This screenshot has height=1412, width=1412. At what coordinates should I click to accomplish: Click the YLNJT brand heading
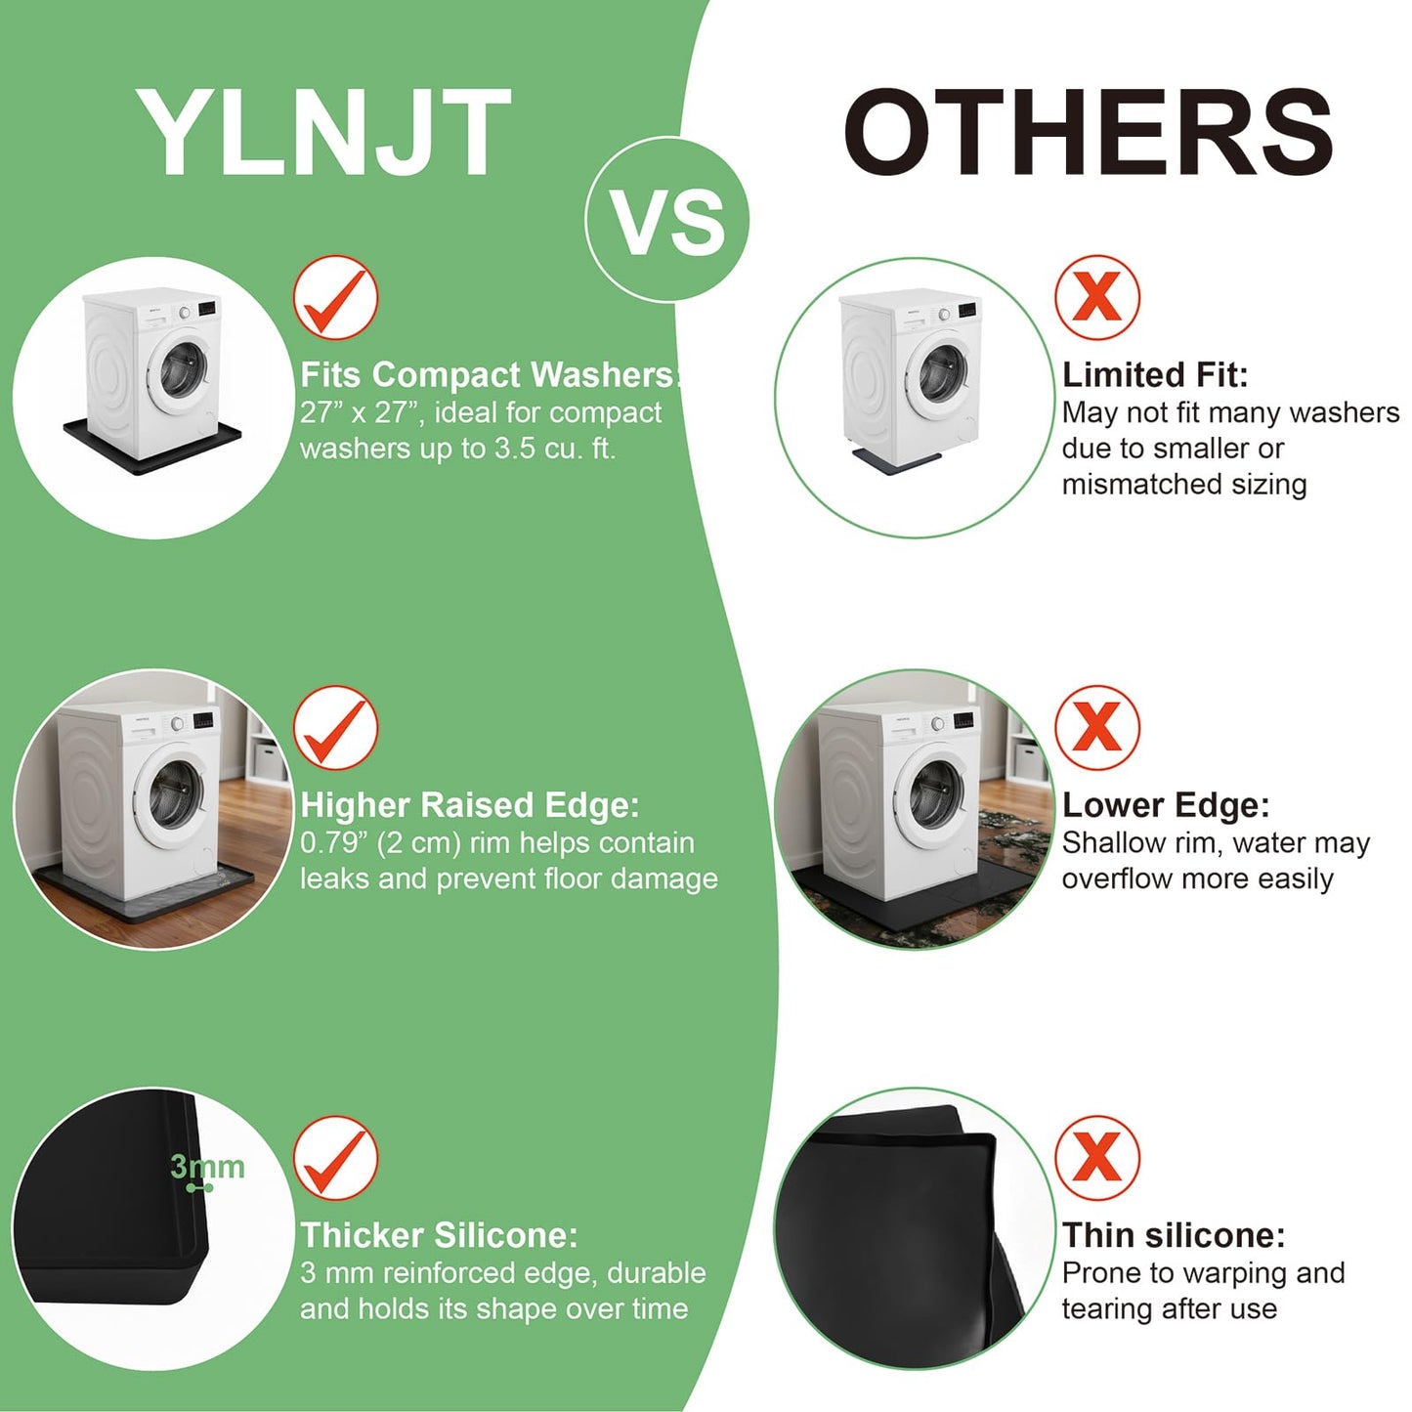pos(323,133)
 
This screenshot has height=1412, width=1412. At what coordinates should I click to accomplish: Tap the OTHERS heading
pos(1089,133)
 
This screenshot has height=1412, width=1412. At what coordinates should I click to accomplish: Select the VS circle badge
pos(667,219)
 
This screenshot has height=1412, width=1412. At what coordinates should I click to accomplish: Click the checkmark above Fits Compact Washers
pos(335,297)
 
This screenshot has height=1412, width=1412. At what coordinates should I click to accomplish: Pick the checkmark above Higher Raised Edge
pos(335,728)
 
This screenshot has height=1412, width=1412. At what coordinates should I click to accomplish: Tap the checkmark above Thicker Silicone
pos(335,1159)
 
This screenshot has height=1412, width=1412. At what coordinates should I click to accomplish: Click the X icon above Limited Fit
pos(1097,297)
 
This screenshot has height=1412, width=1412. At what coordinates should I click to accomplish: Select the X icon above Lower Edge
pos(1097,728)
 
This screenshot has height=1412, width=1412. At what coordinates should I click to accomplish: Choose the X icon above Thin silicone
pos(1097,1159)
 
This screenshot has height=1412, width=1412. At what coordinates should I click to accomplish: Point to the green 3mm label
pos(207,1168)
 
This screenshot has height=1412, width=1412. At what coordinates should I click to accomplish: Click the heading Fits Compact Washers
pos(490,375)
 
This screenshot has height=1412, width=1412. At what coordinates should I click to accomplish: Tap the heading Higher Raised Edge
pos(470,805)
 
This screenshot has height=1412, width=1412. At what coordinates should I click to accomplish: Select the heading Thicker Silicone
pos(439,1235)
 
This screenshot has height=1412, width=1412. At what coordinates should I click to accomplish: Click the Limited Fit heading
pos(1155,375)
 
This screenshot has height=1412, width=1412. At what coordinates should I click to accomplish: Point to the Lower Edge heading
pos(1166,805)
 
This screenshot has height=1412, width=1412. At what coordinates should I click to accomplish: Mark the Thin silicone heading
pos(1174,1235)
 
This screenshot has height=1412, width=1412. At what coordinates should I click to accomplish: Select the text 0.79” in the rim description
pos(333,843)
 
